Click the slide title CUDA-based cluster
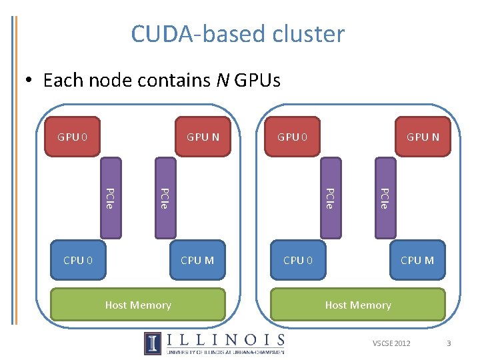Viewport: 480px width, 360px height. coord(238,33)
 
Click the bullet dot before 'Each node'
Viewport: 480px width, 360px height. coord(29,81)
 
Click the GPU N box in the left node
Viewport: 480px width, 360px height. coord(203,137)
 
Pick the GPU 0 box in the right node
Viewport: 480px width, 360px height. coord(293,137)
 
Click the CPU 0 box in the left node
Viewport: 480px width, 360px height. coord(78,260)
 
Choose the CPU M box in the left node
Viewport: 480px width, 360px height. coord(197,260)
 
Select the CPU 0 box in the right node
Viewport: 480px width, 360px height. coord(298,260)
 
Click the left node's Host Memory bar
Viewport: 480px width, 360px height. coord(138,305)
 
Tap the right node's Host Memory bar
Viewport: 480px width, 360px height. coord(358,305)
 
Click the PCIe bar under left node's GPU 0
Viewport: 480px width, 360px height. coord(111,197)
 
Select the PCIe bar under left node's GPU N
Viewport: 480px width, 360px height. coord(165,197)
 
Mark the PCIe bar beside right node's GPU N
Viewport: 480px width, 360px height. coord(385,197)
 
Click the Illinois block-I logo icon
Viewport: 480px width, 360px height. coord(153,343)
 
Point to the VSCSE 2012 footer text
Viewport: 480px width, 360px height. coord(392,343)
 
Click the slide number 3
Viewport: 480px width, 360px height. coord(449,343)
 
